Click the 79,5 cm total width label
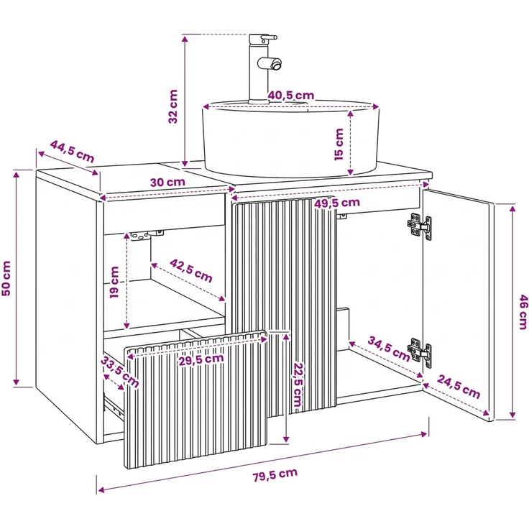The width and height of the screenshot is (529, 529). [275, 474]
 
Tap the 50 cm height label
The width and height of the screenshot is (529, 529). [6, 278]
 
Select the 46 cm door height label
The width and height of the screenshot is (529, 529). [523, 312]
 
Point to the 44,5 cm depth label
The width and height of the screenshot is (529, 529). [72, 151]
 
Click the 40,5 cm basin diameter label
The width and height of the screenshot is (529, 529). [291, 96]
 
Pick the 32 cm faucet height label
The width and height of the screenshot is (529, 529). [172, 106]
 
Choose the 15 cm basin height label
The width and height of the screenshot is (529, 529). [339, 144]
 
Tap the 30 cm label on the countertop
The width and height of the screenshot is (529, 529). [167, 182]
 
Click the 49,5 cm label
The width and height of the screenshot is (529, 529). [337, 203]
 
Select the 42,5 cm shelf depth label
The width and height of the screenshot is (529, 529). [190, 270]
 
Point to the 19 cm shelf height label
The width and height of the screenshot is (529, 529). [114, 282]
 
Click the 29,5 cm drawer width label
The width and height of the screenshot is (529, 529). [201, 359]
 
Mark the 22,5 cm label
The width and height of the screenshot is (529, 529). [298, 385]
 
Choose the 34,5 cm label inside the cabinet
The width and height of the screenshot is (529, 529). [389, 348]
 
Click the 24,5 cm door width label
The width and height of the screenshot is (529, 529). [459, 387]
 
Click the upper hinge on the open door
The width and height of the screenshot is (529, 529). [419, 226]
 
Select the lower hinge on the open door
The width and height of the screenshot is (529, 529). [419, 353]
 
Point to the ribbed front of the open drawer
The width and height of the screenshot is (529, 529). [196, 400]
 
